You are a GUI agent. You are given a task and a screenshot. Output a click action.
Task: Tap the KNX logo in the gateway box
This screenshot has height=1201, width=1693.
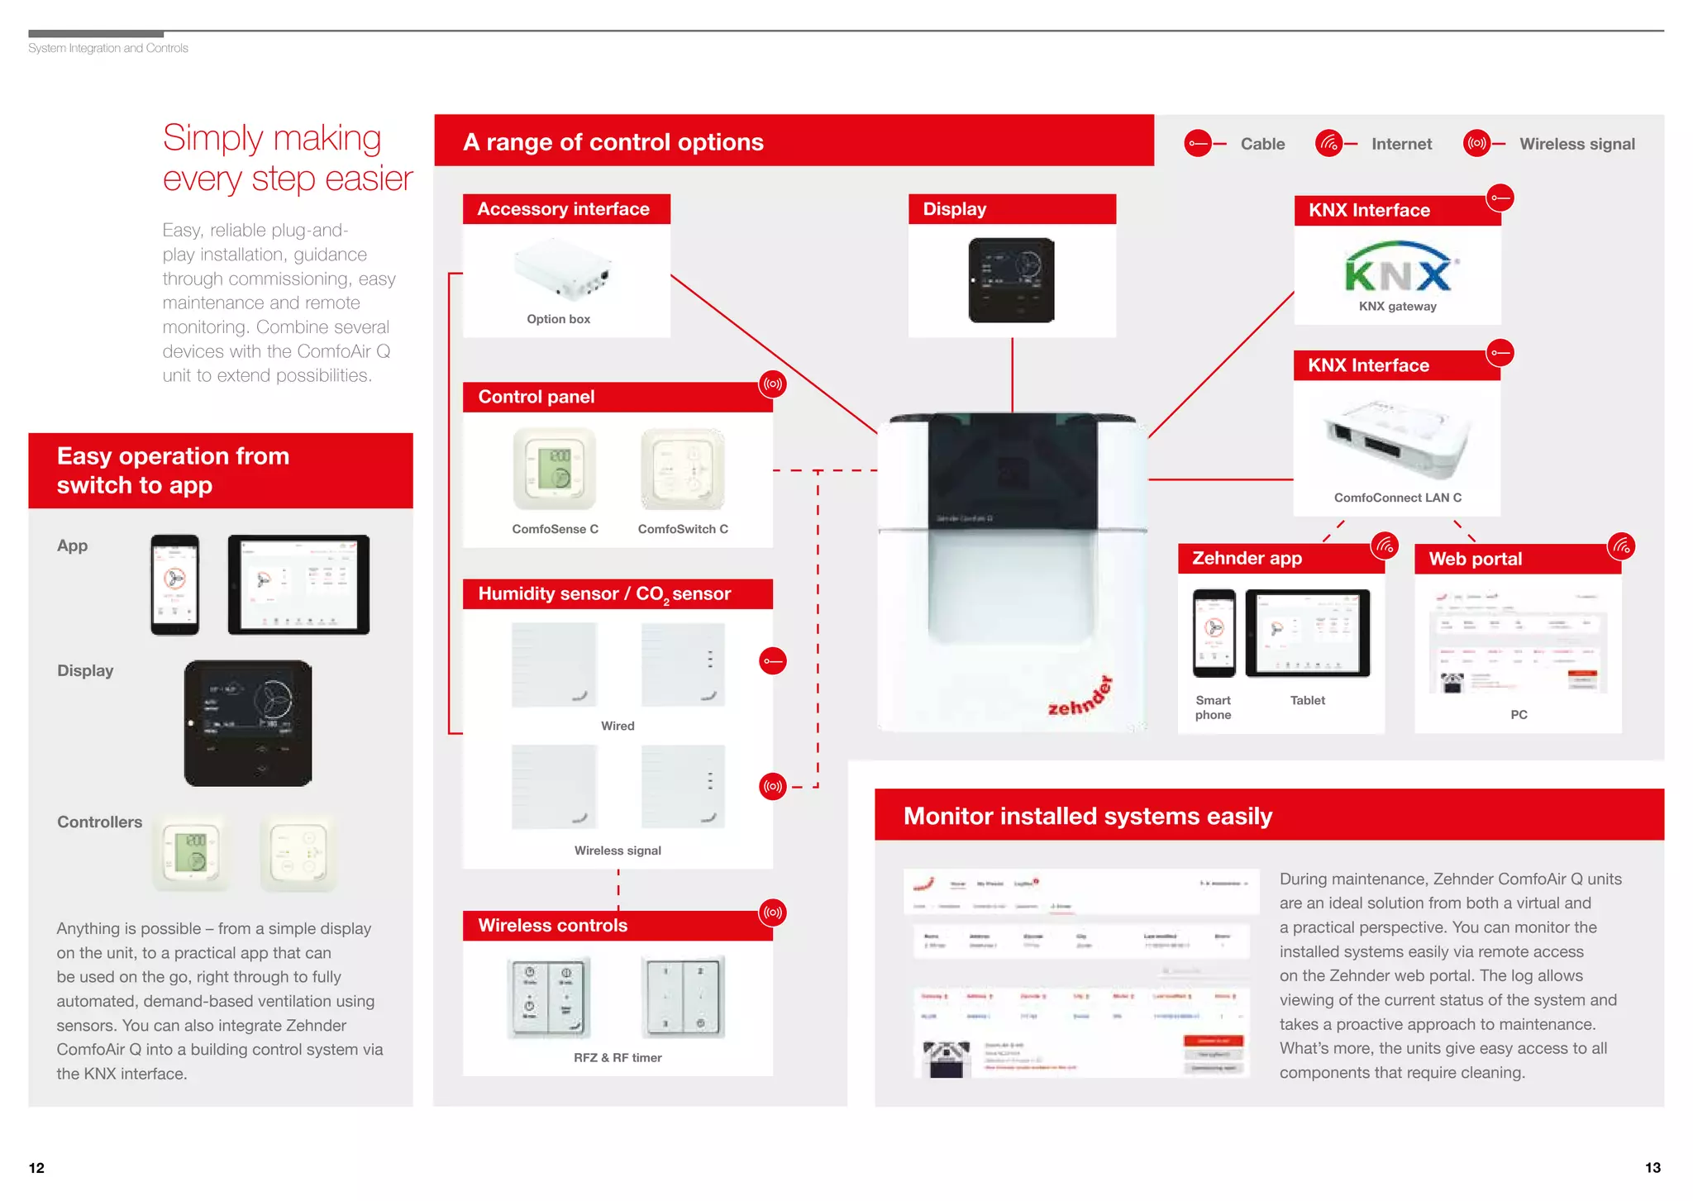1398,268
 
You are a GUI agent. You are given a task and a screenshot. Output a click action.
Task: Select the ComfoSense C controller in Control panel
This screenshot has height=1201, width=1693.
554,469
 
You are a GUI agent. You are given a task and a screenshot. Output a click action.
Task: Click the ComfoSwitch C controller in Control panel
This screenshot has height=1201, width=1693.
683,469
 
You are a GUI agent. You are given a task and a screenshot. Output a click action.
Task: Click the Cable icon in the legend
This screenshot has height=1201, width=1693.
1197,144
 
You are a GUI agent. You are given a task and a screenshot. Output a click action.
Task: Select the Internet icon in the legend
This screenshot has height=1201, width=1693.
1328,144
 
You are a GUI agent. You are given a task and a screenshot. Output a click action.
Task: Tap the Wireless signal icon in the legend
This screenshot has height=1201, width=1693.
1476,144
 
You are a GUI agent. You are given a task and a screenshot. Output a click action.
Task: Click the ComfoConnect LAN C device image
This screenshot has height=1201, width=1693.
1398,438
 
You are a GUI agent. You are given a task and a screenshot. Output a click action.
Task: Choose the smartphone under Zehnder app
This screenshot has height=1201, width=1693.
1214,633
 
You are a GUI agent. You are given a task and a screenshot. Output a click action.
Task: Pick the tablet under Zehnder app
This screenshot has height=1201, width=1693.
1307,633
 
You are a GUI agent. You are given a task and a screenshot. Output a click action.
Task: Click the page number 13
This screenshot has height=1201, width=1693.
1652,1168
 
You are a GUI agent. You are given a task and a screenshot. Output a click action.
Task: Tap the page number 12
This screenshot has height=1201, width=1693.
36,1168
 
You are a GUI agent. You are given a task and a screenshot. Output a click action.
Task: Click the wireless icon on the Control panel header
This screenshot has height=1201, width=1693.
772,384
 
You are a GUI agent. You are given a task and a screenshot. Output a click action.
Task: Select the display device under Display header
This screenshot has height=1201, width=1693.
1011,280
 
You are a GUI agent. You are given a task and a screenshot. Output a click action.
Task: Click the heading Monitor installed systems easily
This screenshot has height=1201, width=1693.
1087,816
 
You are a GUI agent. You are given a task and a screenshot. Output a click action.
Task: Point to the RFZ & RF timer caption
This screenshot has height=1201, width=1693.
618,1058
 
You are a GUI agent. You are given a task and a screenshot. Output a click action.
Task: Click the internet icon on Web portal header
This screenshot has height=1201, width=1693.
1621,546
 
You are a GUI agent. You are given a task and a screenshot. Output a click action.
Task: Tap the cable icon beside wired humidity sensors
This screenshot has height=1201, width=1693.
772,661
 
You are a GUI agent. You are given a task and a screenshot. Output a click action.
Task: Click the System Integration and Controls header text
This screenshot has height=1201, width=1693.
108,49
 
